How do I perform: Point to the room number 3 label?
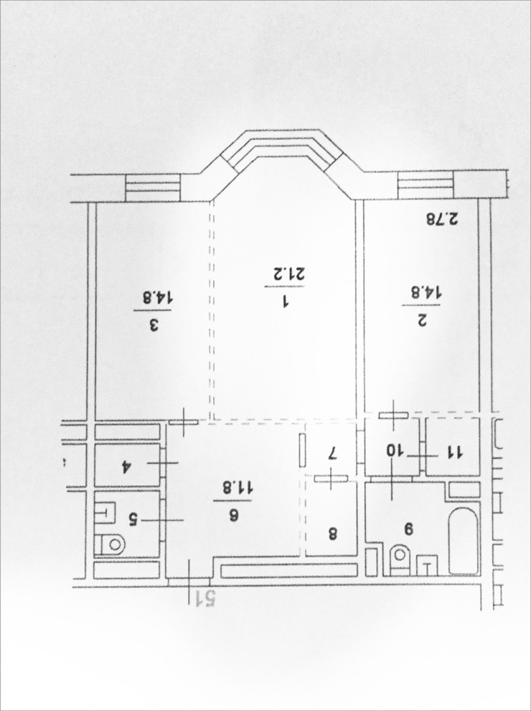click(x=154, y=325)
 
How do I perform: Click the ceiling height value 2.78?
click(x=442, y=220)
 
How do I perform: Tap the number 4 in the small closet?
click(x=125, y=468)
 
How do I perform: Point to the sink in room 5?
click(x=105, y=513)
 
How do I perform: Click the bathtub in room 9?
click(x=464, y=541)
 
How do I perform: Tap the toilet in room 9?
click(x=399, y=560)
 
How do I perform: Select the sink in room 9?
click(x=427, y=565)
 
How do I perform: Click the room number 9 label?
click(x=409, y=529)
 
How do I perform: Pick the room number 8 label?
click(x=332, y=534)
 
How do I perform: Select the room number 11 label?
click(x=454, y=452)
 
